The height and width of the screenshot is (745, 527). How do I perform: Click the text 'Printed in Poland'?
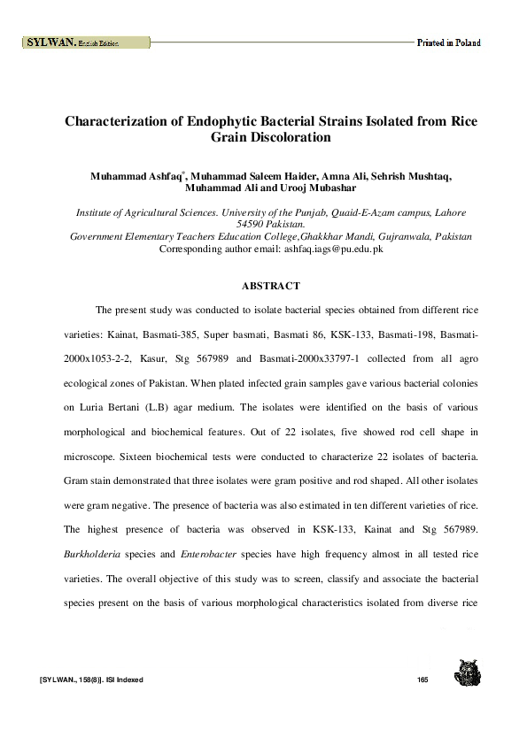point(449,42)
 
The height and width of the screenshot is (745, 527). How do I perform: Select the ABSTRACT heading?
point(271,286)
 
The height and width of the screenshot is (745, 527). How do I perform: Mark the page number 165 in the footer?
point(422,680)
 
